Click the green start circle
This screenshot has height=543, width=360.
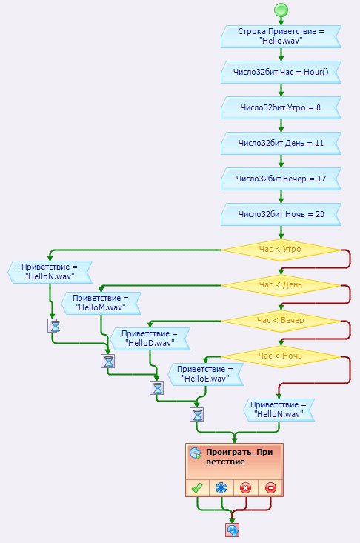[x=281, y=10]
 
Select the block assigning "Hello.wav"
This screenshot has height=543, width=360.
[x=281, y=36]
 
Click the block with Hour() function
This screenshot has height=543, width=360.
[x=281, y=72]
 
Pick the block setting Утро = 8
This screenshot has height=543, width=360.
[x=281, y=107]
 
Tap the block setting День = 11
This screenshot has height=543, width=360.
[x=281, y=144]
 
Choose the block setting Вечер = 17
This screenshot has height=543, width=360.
[x=281, y=179]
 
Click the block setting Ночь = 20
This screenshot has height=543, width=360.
[x=281, y=214]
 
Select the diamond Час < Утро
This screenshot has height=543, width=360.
[x=281, y=250]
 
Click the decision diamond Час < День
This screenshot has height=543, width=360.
[x=281, y=285]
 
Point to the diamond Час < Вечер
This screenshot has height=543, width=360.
[x=281, y=321]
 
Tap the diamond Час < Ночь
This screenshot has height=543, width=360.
[x=281, y=356]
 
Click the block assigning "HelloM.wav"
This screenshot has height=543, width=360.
[x=101, y=303]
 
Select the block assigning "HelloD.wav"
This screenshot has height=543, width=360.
[x=150, y=339]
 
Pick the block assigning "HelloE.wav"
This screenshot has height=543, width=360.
[x=206, y=374]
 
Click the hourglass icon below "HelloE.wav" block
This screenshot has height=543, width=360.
[x=197, y=415]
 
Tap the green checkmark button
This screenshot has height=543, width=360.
[x=197, y=488]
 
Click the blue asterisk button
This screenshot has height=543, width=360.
[x=221, y=488]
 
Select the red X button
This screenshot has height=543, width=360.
[x=246, y=488]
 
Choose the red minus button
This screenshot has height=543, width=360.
[x=270, y=488]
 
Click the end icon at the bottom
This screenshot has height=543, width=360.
[x=233, y=530]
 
